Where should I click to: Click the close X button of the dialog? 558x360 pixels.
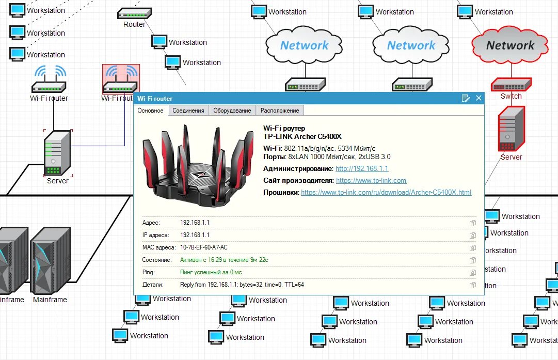pos(479,98)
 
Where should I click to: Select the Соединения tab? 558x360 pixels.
pos(188,111)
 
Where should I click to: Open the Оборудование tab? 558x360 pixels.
pos(232,111)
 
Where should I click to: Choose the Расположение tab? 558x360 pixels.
pos(280,111)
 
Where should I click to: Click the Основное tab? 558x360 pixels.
pos(151,111)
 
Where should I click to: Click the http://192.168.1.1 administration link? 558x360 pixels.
pos(362,169)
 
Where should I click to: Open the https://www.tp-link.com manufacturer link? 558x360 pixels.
pos(371,181)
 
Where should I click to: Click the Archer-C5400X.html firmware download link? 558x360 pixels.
pos(386,193)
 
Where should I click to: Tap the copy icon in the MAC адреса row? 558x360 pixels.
pos(472,248)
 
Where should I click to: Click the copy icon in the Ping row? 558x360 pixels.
pos(472,273)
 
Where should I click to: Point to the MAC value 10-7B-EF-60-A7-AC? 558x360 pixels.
pos(203,247)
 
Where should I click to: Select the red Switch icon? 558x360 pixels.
pos(511,84)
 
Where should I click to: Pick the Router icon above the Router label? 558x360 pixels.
pos(134,13)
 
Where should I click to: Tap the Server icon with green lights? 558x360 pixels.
pos(57,153)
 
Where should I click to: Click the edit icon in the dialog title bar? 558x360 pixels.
pos(466,98)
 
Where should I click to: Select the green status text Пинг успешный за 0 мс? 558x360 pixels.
pos(211,272)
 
